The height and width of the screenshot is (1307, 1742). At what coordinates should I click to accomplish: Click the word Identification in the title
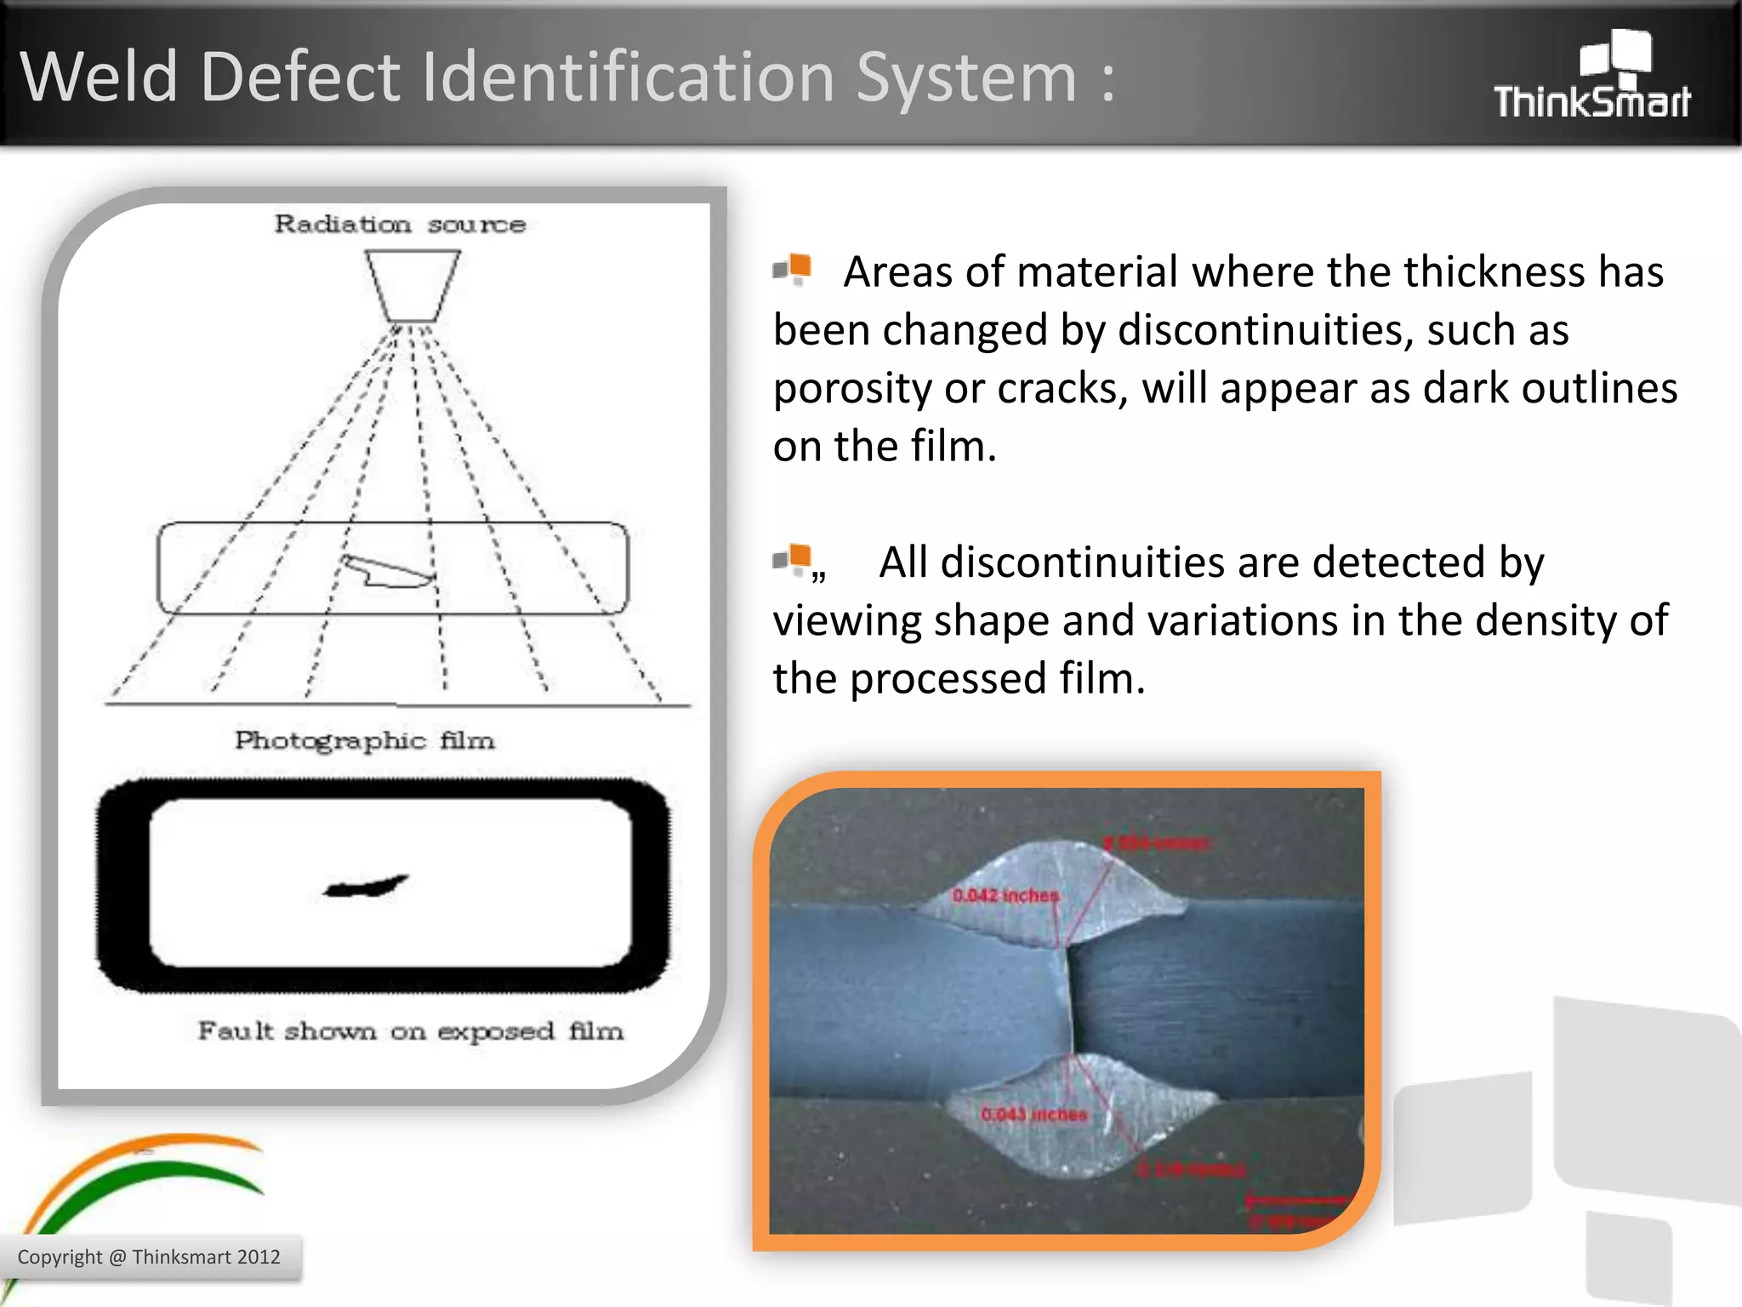coord(629,77)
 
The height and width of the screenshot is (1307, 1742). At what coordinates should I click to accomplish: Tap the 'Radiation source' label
coord(400,225)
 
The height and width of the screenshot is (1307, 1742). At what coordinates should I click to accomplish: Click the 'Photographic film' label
coord(364,740)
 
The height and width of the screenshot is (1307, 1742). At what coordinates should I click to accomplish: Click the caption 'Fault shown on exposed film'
coord(410,1031)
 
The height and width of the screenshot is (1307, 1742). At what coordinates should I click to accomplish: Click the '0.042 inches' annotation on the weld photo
coord(1005,895)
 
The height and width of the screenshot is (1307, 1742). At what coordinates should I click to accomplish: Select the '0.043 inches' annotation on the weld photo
coord(1033,1114)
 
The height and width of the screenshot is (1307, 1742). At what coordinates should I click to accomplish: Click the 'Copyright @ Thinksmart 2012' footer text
coord(149,1257)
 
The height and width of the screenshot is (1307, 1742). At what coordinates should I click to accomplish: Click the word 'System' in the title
coord(966,77)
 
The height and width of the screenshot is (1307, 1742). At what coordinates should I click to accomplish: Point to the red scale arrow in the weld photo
coord(1293,1201)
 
